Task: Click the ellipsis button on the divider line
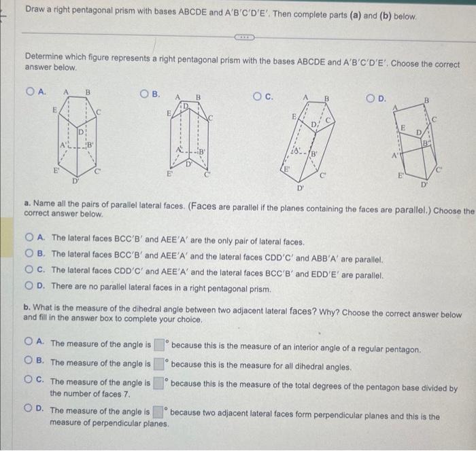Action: pos(245,36)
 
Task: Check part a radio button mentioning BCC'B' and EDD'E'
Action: pos(30,272)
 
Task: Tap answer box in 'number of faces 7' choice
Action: pos(158,383)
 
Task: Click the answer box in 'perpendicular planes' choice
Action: pos(158,412)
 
